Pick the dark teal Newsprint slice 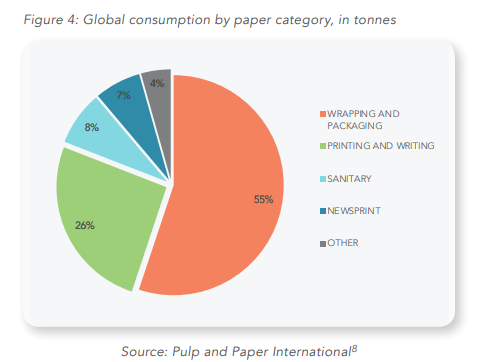click(123, 98)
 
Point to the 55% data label click(263, 199)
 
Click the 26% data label click(85, 225)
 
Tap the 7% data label click(124, 96)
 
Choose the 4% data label click(157, 83)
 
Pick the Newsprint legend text click(354, 211)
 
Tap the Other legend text click(344, 243)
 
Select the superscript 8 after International click(354, 346)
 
